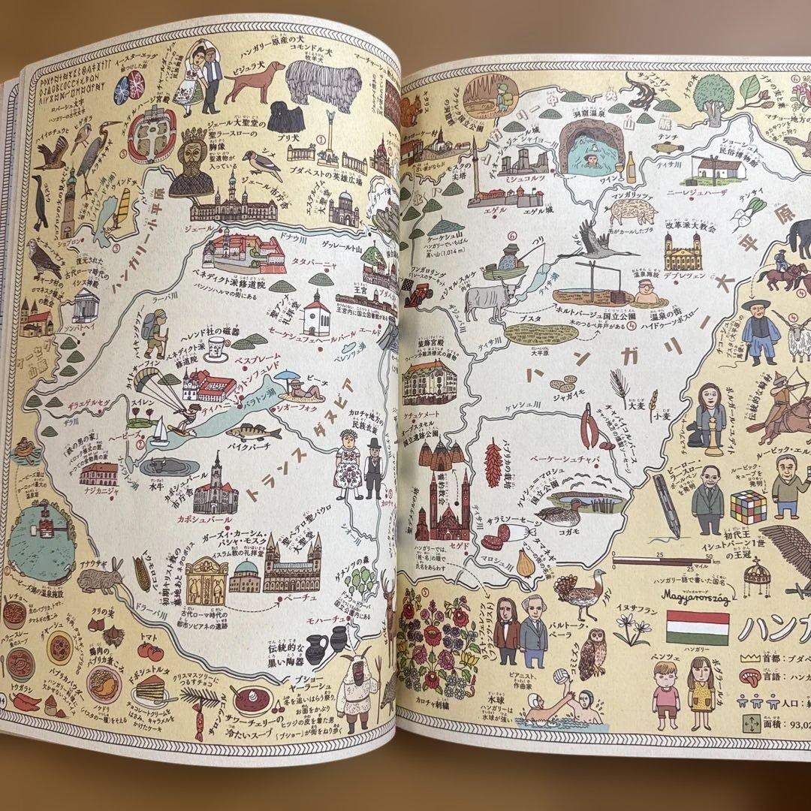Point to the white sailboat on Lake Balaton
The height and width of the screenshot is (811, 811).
coord(159,433)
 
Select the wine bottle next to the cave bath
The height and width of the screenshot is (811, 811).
coord(631,168)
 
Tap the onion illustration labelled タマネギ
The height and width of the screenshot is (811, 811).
coord(525,562)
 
